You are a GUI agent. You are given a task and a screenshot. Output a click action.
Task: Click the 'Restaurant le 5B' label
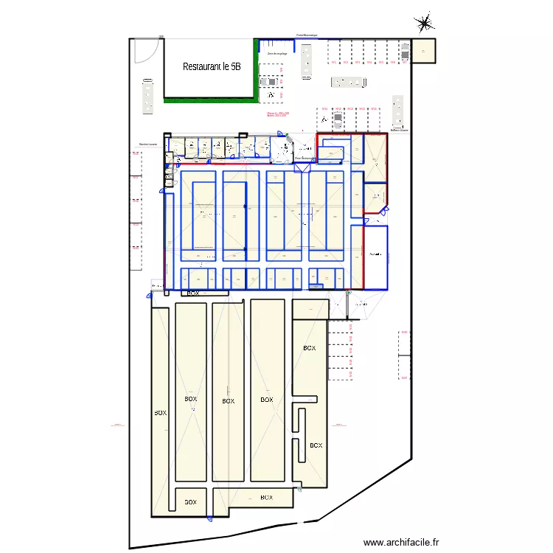(211, 66)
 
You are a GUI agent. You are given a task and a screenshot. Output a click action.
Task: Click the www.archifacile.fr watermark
(401, 541)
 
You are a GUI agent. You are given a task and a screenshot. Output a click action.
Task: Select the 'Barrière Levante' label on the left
(148, 145)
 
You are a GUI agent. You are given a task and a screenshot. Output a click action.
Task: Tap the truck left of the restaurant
(148, 96)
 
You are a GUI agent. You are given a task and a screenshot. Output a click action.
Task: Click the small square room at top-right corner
(423, 50)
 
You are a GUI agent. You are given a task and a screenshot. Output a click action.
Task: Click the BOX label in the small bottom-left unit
(190, 502)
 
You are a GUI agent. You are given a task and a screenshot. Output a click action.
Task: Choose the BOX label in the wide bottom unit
(266, 498)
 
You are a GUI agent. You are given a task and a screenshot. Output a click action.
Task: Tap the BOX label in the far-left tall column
(160, 413)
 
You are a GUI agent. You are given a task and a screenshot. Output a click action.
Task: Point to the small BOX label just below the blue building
(193, 293)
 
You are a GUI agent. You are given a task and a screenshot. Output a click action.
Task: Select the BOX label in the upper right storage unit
(309, 348)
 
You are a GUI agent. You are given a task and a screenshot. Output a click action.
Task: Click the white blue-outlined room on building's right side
(376, 256)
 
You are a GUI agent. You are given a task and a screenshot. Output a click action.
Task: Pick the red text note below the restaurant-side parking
(278, 114)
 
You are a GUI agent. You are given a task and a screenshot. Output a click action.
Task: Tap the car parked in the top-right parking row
(405, 51)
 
